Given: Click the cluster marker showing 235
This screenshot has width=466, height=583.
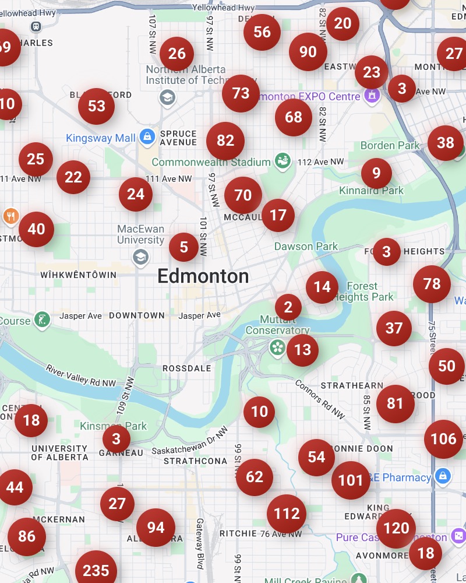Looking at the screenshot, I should [96, 570].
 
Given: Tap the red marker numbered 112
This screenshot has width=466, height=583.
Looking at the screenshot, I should [287, 514].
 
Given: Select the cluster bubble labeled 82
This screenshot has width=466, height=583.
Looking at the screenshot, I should [225, 141].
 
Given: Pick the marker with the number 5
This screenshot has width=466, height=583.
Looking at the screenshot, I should [184, 247].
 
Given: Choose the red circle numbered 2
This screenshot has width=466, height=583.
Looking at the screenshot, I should [288, 307].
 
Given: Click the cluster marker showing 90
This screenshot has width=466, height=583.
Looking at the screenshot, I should [308, 52].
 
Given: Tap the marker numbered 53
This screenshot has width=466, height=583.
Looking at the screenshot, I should [97, 106].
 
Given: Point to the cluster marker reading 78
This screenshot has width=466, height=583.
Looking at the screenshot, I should [432, 284].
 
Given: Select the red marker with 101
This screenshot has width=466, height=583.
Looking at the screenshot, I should [351, 480].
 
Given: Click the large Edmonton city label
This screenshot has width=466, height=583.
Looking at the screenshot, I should [203, 276].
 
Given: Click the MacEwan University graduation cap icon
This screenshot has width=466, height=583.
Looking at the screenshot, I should [140, 257].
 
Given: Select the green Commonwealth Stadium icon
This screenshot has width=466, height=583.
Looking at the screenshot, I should [283, 161].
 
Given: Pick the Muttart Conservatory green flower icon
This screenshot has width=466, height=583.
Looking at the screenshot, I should [277, 348].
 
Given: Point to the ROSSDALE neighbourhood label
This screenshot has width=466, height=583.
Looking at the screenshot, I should [187, 368].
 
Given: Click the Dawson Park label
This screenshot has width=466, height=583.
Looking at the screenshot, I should [306, 247].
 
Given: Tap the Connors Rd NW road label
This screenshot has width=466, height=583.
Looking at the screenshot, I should [320, 399].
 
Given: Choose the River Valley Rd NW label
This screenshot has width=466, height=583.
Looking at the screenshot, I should [81, 376].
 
